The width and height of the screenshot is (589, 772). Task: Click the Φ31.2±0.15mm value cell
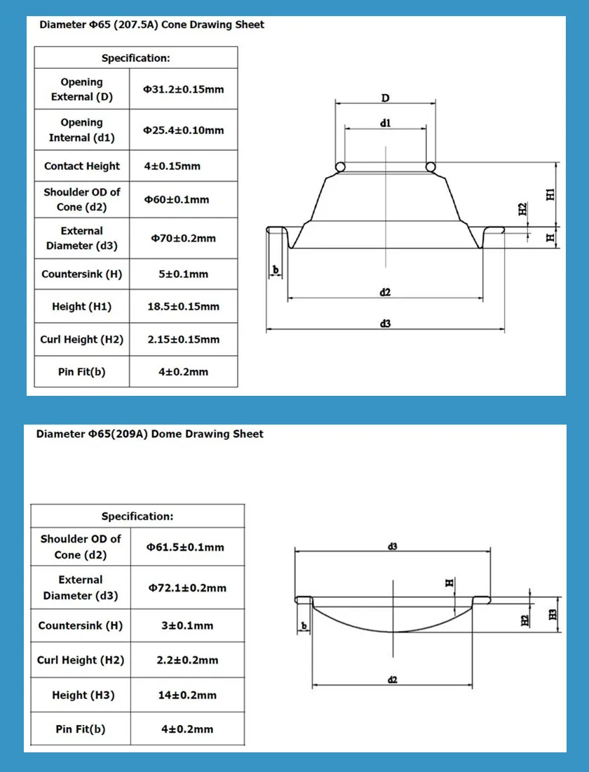pyautogui.click(x=184, y=89)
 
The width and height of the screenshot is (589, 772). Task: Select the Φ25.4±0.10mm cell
pyautogui.click(x=184, y=130)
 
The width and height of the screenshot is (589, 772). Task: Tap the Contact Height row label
pyautogui.click(x=82, y=166)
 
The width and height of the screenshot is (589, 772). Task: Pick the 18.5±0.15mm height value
pyautogui.click(x=184, y=307)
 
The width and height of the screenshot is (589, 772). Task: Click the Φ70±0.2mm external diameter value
pyautogui.click(x=184, y=239)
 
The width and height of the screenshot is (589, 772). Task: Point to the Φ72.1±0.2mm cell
pyautogui.click(x=187, y=587)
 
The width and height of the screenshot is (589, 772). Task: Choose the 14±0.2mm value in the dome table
pyautogui.click(x=187, y=695)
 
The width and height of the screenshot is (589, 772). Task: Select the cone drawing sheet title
pyautogui.click(x=151, y=25)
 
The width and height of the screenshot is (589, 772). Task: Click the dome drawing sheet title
pyautogui.click(x=150, y=434)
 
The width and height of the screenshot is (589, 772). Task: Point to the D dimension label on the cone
pyautogui.click(x=385, y=97)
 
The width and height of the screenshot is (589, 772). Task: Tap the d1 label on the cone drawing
pyautogui.click(x=385, y=123)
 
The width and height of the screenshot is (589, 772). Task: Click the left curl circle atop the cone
pyautogui.click(x=340, y=167)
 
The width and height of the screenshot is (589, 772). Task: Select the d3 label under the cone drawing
pyautogui.click(x=385, y=324)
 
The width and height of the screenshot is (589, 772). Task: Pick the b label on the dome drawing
pyautogui.click(x=304, y=625)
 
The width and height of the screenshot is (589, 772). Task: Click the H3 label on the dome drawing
pyautogui.click(x=552, y=614)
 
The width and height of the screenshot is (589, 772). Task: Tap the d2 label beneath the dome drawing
pyautogui.click(x=393, y=679)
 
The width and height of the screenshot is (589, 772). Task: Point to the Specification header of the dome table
pyautogui.click(x=137, y=516)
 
